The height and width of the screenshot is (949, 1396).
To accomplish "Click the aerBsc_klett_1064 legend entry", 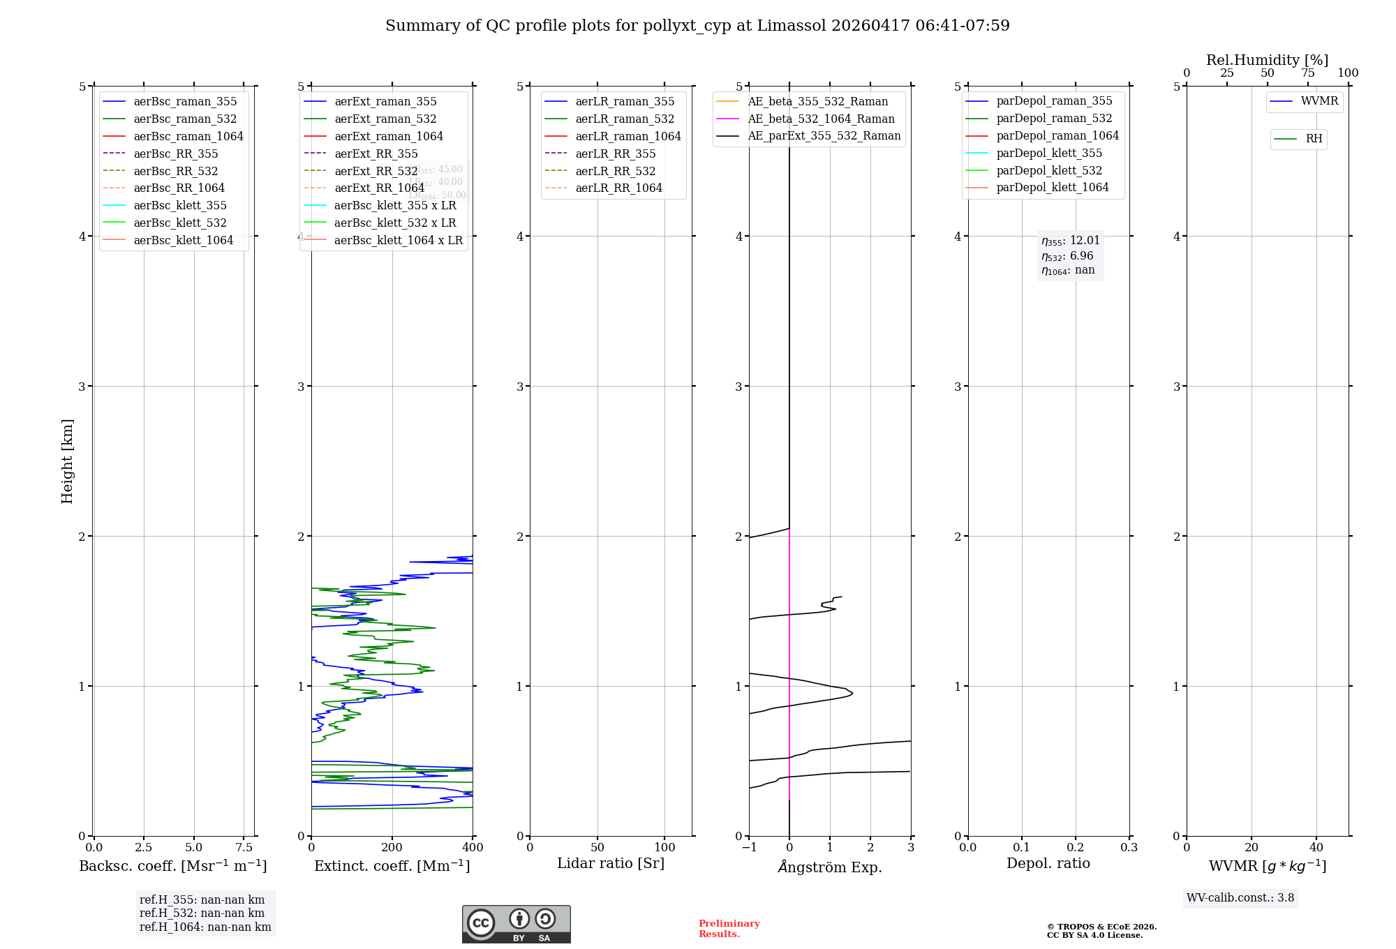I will (183, 240).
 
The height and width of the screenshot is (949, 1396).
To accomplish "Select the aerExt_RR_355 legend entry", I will (376, 154).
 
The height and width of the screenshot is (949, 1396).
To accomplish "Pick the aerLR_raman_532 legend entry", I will (625, 119).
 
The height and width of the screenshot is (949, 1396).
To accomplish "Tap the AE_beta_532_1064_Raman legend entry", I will (821, 119).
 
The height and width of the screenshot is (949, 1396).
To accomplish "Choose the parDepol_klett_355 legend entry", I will (1049, 153).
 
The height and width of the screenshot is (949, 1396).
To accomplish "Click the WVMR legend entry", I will (1319, 101).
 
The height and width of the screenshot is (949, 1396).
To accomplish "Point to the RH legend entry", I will (1314, 139).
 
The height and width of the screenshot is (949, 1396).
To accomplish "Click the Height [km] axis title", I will (67, 461).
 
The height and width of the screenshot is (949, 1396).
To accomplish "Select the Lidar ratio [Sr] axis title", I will (611, 863).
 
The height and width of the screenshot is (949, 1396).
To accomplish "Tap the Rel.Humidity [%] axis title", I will (1267, 60).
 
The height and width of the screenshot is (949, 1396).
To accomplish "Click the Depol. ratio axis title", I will (1048, 863).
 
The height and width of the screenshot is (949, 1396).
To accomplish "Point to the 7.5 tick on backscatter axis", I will (244, 848).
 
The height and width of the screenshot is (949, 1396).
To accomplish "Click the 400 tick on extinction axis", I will (473, 848).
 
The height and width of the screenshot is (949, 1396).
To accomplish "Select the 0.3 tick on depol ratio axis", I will (1129, 848).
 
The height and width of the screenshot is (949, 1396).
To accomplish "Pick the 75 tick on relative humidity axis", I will (1307, 73).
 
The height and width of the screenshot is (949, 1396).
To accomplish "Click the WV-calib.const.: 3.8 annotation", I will (1240, 898).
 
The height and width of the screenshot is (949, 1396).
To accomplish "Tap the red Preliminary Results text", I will (729, 929).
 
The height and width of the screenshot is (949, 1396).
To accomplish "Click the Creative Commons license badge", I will (516, 924).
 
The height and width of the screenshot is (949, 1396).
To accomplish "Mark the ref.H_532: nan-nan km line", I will (202, 913).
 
